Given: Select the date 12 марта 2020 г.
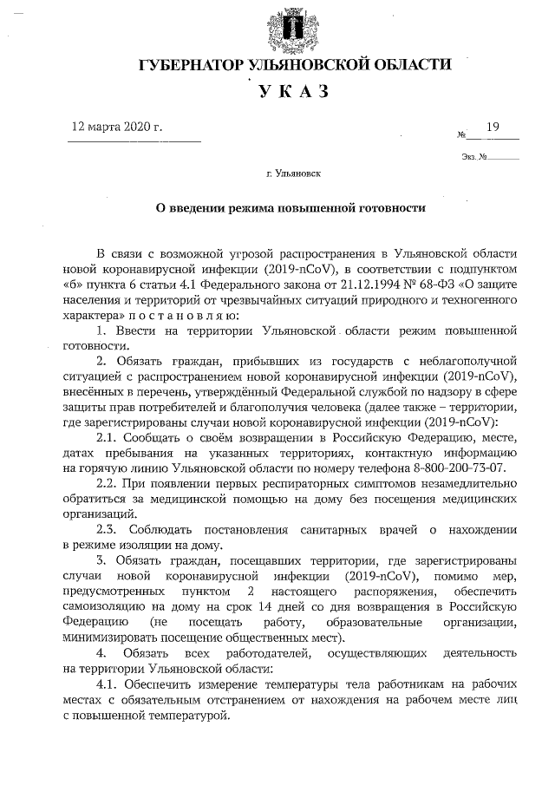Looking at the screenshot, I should (x=117, y=127).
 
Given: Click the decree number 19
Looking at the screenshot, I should (x=493, y=128).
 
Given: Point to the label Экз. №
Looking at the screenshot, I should (x=473, y=157).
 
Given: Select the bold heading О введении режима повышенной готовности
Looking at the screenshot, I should (x=291, y=207).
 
